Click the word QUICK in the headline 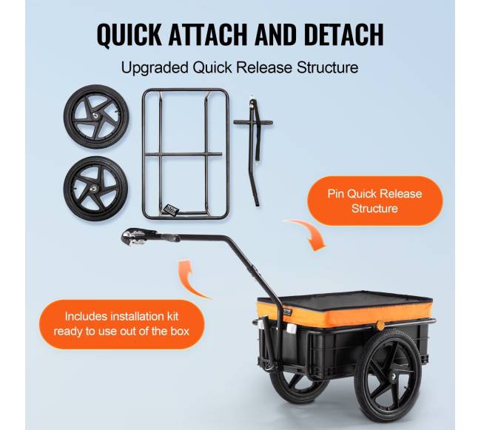click(129, 34)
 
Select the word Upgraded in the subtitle click(155, 68)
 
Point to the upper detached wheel click(96, 117)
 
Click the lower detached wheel click(95, 188)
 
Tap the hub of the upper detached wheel click(96, 115)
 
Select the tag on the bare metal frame click(171, 209)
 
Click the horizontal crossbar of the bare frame click(183, 155)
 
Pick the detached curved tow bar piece click(253, 150)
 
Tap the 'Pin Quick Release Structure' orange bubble click(375, 201)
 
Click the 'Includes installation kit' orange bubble click(121, 324)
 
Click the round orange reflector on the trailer click(380, 326)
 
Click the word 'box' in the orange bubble click(180, 332)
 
